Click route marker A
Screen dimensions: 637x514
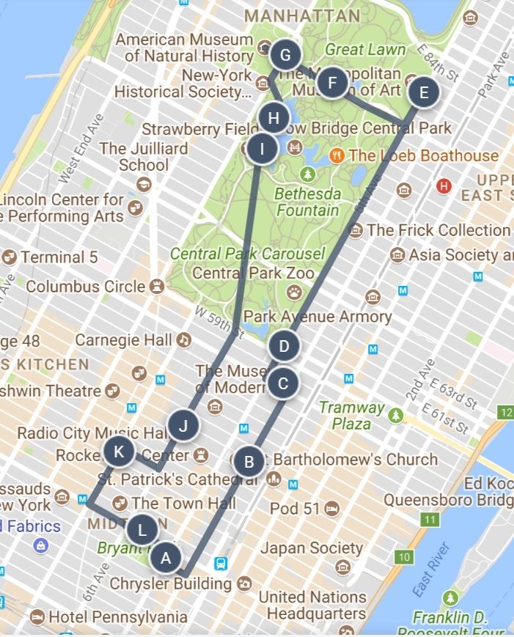click(166, 558)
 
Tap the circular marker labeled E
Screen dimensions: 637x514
click(423, 92)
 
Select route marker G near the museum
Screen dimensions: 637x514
click(285, 55)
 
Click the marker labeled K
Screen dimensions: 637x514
click(119, 452)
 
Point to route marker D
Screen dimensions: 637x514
click(284, 345)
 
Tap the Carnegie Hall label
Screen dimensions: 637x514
click(123, 340)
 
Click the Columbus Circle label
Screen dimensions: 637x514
click(86, 287)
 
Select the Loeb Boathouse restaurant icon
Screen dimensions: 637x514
click(337, 155)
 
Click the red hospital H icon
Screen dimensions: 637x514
click(443, 186)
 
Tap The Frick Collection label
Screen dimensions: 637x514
click(438, 230)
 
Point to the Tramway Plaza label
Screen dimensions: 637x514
click(351, 415)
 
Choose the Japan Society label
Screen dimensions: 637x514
click(312, 548)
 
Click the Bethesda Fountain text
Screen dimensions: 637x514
click(307, 202)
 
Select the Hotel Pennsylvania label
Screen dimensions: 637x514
click(117, 617)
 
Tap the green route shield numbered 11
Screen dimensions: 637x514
click(430, 520)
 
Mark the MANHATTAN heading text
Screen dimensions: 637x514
click(302, 15)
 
